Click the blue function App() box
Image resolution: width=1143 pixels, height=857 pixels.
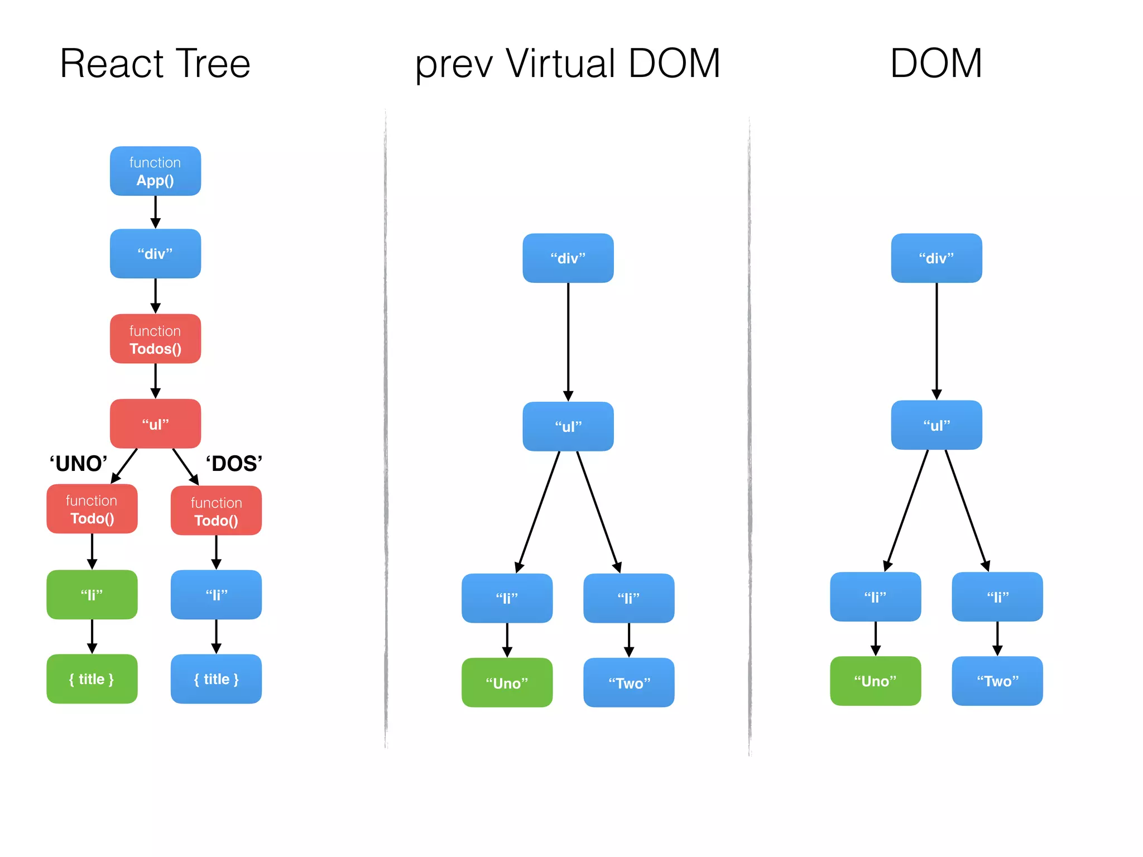point(155,171)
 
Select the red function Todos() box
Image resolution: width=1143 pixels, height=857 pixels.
point(155,339)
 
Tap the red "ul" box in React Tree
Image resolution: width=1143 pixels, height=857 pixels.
point(155,423)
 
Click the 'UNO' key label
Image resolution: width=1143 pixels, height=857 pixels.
point(78,464)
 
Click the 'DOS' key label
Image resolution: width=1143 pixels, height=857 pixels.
point(234,464)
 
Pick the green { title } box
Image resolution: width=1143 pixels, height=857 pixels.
point(92,678)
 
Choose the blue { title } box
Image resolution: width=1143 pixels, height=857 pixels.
point(216,678)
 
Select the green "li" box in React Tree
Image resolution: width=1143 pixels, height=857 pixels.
point(92,594)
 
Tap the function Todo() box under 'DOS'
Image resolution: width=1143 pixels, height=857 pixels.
point(216,511)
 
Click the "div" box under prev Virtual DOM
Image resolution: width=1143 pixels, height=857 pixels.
point(568,258)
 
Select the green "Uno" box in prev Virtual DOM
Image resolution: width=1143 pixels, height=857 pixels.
point(507,682)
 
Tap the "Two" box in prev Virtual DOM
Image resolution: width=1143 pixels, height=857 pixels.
point(628,682)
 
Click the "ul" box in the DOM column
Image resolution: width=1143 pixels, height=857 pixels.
point(936,425)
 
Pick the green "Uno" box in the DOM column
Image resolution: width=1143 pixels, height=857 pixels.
point(875,681)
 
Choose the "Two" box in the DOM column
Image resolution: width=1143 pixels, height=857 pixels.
point(997,681)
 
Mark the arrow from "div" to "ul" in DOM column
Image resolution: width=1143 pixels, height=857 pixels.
point(937,340)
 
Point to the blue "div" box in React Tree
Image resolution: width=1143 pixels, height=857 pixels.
point(155,253)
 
